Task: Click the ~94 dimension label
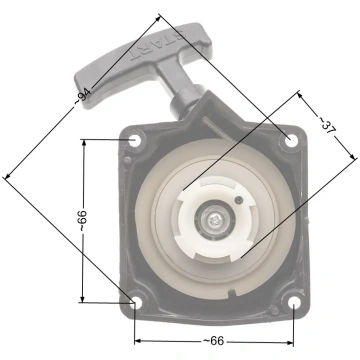pos(82,96)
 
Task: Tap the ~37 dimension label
pos(327,126)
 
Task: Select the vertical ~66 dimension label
pos(82,221)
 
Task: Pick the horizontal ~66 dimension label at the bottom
pos(214,341)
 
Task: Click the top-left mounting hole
pos(135,141)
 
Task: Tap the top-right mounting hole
pos(291,141)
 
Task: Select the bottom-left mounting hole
pos(136,302)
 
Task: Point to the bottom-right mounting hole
pos(294,303)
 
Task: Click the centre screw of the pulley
pos(214,219)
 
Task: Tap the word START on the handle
pos(157,46)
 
